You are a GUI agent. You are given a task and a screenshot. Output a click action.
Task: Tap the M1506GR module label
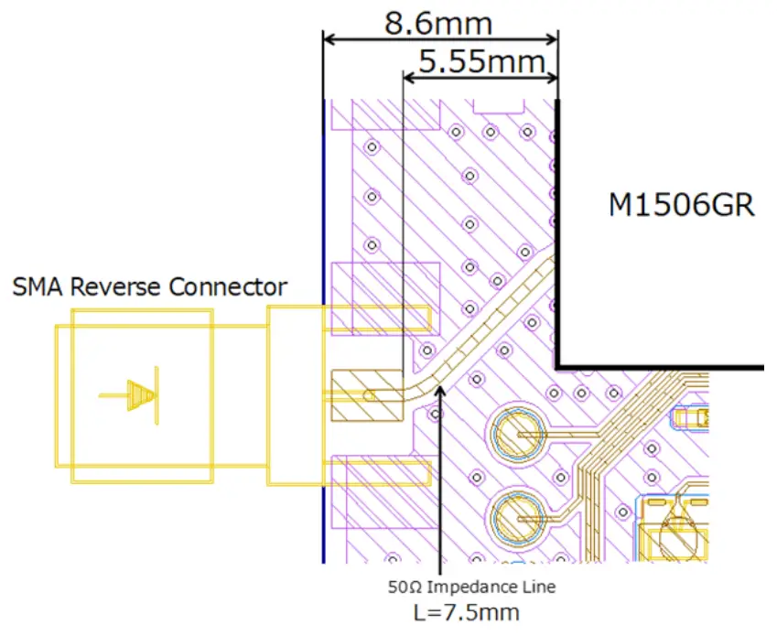682,205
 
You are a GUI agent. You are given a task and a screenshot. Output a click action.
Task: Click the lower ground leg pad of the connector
379,473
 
